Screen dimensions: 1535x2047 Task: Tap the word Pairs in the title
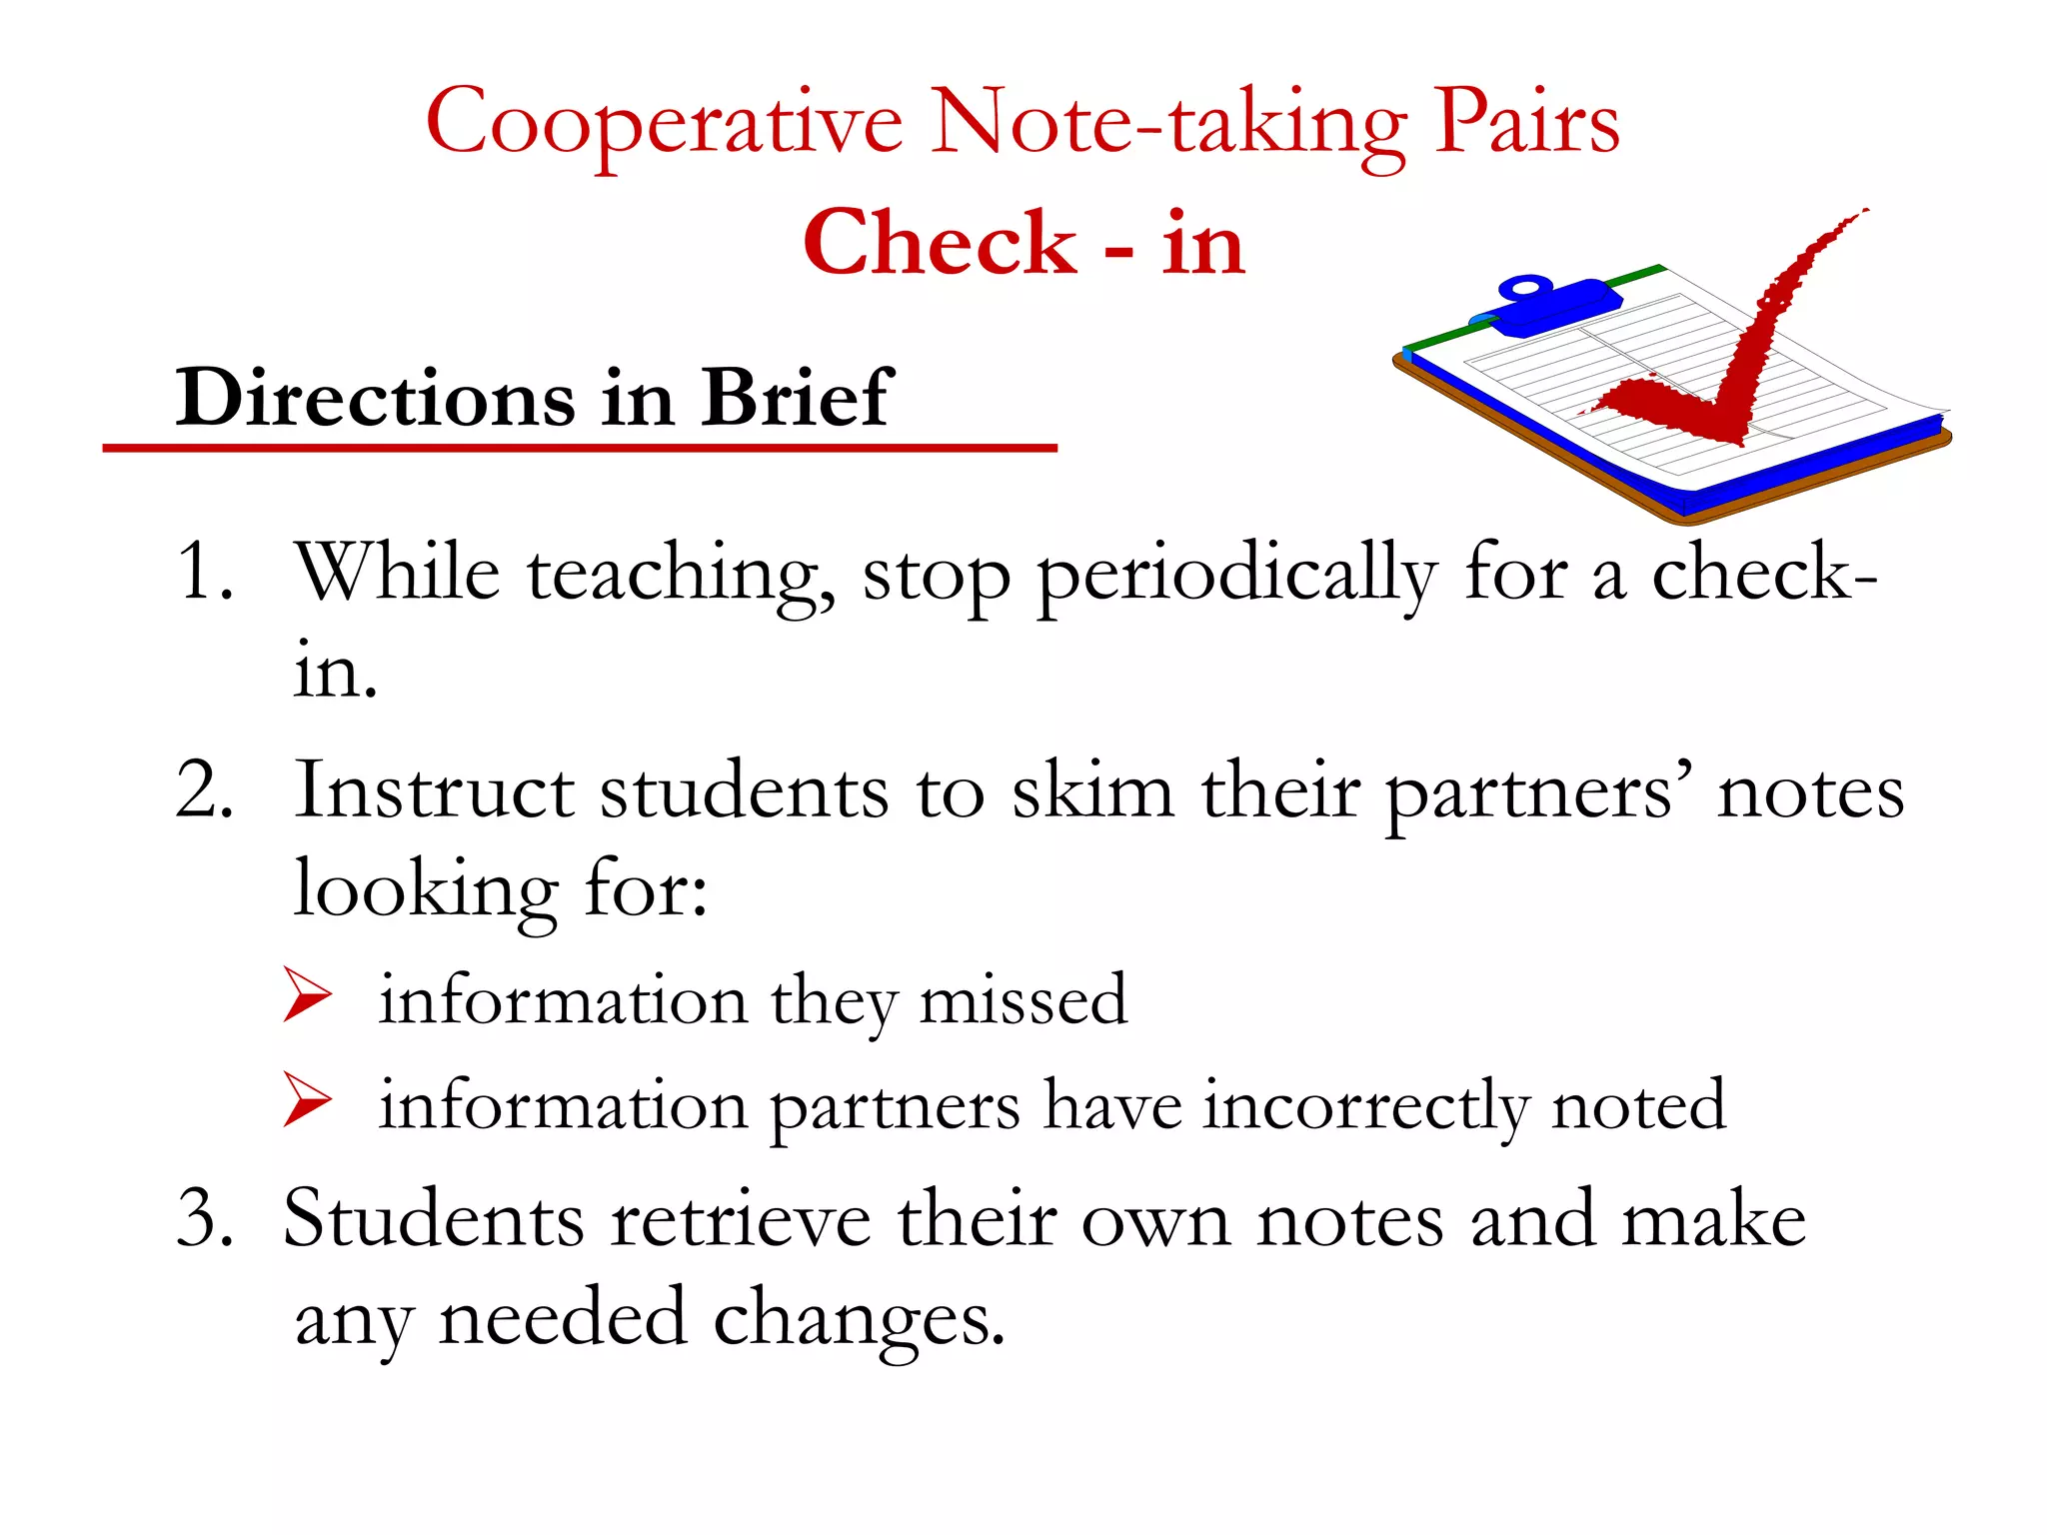pyautogui.click(x=1526, y=122)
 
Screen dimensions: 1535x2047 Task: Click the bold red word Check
pyautogui.click(x=940, y=244)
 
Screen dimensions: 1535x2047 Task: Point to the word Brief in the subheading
pyautogui.click(x=795, y=398)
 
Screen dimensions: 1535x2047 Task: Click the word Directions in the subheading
pyautogui.click(x=375, y=398)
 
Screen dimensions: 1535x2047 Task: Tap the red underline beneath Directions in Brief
pyautogui.click(x=580, y=449)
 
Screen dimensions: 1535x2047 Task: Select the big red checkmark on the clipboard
pyautogui.click(x=1739, y=360)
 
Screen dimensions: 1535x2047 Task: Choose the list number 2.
pyautogui.click(x=205, y=789)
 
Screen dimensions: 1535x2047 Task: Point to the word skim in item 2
pyautogui.click(x=1092, y=789)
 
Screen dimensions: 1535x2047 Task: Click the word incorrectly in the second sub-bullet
pyautogui.click(x=1364, y=1107)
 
